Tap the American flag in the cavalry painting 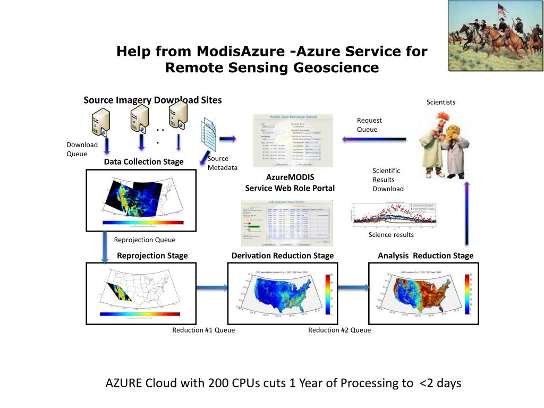tap(501, 9)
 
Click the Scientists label tap(440, 102)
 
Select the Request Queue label tap(369, 125)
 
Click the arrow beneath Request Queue tap(374, 139)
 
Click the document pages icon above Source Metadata tap(209, 132)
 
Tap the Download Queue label tap(82, 149)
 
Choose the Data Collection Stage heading tap(143, 161)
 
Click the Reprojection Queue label tap(144, 240)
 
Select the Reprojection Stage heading tap(152, 256)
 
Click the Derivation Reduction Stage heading tap(283, 256)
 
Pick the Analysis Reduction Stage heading tap(425, 256)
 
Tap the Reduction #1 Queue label tap(203, 330)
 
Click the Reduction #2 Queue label tap(339, 330)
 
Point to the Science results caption tap(391, 235)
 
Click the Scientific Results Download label tap(387, 180)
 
